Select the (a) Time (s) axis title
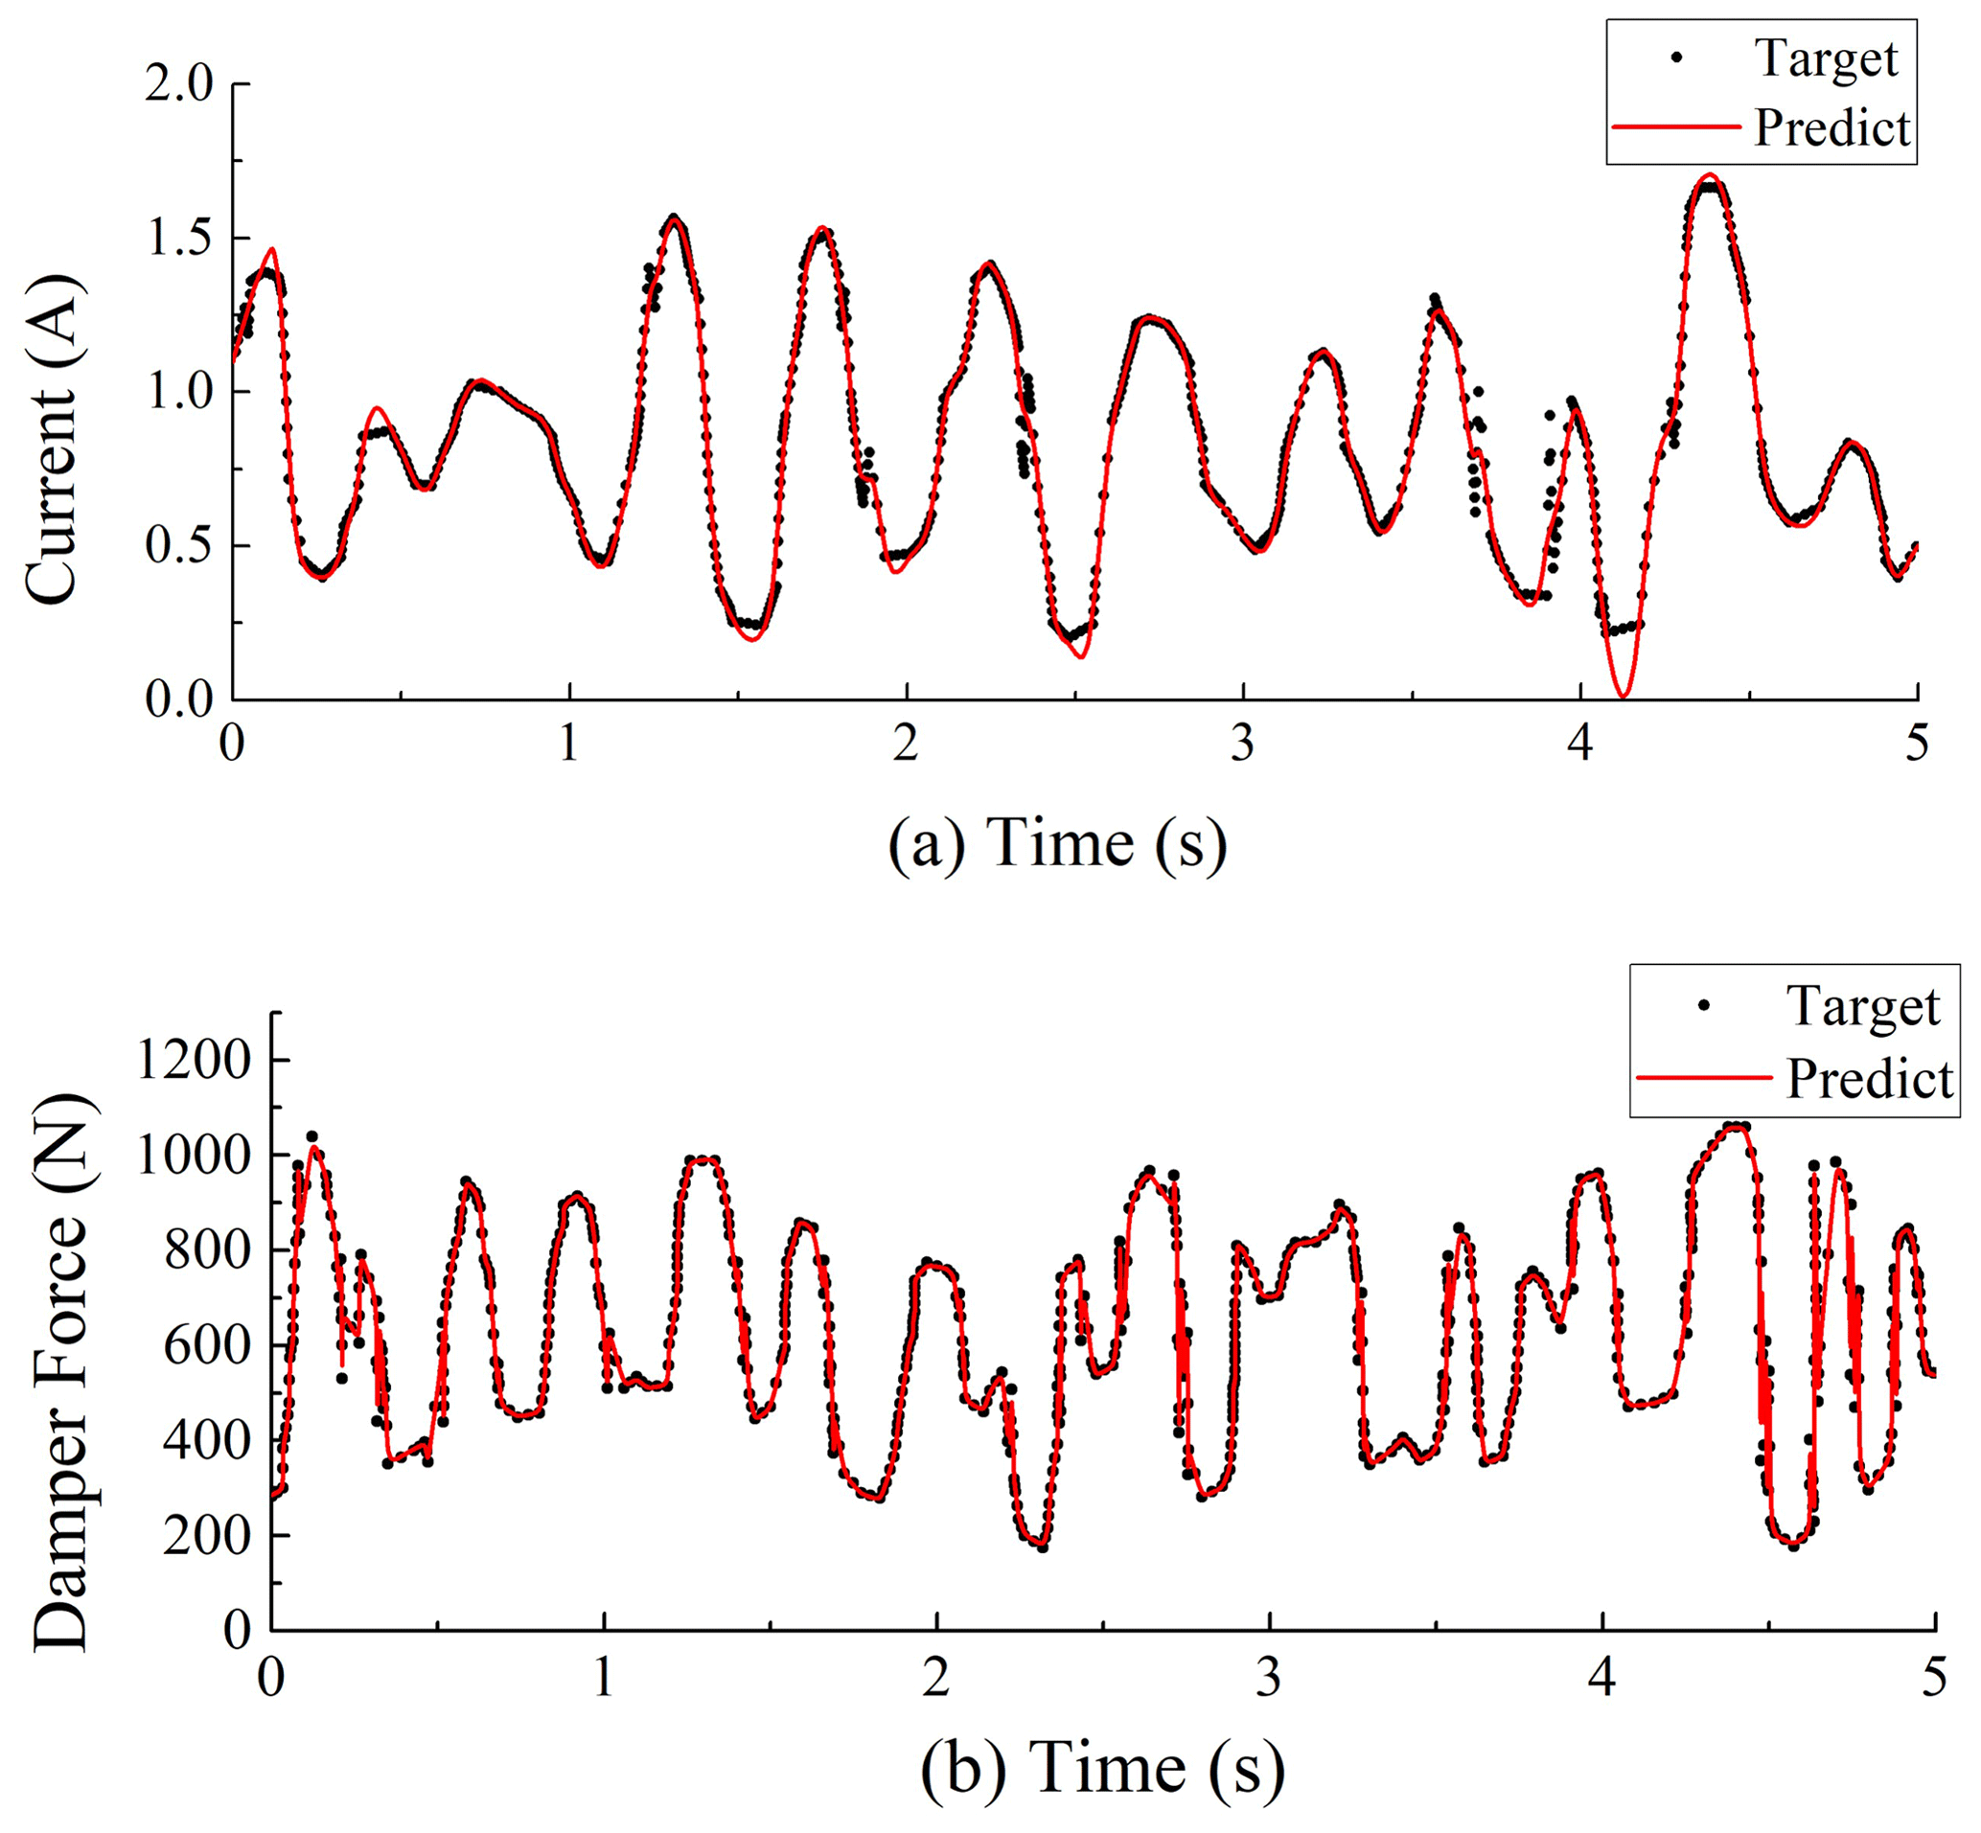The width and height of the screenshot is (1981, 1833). (x=1057, y=844)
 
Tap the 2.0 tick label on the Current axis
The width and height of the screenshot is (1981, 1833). (x=179, y=84)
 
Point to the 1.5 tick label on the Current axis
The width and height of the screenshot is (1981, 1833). (x=179, y=239)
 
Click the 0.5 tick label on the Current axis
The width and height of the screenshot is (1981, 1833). (x=179, y=546)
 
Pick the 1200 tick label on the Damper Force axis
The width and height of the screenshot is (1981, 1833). (x=194, y=1060)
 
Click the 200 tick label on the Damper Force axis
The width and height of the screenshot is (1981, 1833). (x=207, y=1534)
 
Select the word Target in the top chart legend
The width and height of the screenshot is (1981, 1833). (x=1827, y=57)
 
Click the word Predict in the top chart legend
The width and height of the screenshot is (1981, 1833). (x=1831, y=128)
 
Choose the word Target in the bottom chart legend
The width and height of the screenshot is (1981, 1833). (x=1863, y=1006)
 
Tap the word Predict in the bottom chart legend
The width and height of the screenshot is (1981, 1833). (x=1869, y=1078)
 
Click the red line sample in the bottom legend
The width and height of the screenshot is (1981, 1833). (x=1703, y=1077)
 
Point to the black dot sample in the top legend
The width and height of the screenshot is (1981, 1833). (x=1676, y=57)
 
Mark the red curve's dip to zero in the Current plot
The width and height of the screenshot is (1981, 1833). (x=1623, y=695)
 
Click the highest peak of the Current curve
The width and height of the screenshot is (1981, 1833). (x=1708, y=176)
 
